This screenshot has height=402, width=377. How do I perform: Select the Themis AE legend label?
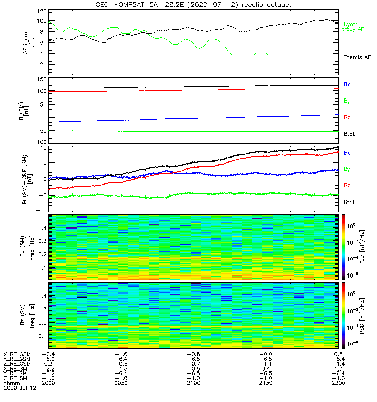[x=356, y=57]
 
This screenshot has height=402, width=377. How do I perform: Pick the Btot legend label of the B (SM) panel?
[x=350, y=134]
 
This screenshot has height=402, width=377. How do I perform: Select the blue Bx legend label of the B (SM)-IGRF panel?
[x=347, y=152]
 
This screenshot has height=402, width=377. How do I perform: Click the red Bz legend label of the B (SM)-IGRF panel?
[x=347, y=186]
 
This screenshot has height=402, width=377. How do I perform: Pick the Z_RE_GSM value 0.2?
[x=49, y=363]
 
